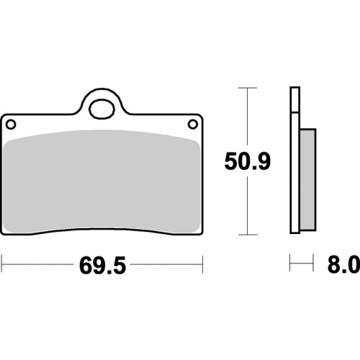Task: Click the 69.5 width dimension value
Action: [x=102, y=266]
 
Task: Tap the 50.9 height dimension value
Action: [x=248, y=161]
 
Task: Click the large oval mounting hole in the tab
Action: [x=102, y=109]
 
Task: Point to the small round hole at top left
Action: [x=11, y=125]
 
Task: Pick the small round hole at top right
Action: [x=193, y=125]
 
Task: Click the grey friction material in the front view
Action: [x=102, y=181]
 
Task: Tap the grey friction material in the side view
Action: [x=308, y=179]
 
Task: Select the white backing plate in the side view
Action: [x=295, y=173]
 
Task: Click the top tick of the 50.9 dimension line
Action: [x=248, y=88]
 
